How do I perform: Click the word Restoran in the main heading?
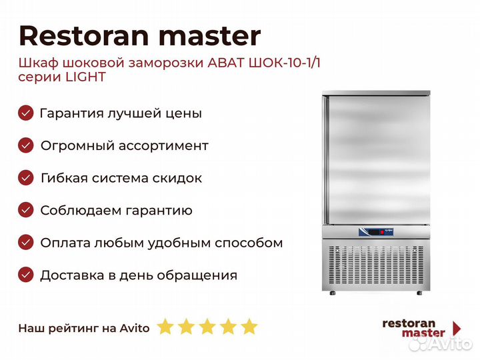click(x=83, y=36)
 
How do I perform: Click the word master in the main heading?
click(x=209, y=37)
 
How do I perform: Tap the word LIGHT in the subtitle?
click(x=86, y=77)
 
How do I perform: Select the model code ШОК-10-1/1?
click(x=285, y=63)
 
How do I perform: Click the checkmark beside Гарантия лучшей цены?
click(x=26, y=113)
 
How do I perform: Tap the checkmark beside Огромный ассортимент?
click(x=26, y=145)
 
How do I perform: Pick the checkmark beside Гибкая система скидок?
click(x=26, y=178)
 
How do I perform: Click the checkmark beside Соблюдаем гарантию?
click(x=26, y=210)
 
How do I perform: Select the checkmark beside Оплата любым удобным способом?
click(x=26, y=243)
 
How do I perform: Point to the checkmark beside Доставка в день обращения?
click(x=26, y=275)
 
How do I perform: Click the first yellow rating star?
click(x=165, y=326)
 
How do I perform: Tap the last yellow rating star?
click(x=249, y=326)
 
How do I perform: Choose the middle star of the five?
click(x=207, y=326)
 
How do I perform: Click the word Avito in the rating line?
click(x=135, y=328)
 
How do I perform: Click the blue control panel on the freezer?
click(x=376, y=232)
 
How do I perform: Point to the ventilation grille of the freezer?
click(x=376, y=265)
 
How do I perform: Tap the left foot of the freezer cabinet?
click(x=333, y=293)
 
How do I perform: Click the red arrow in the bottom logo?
click(x=457, y=329)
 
